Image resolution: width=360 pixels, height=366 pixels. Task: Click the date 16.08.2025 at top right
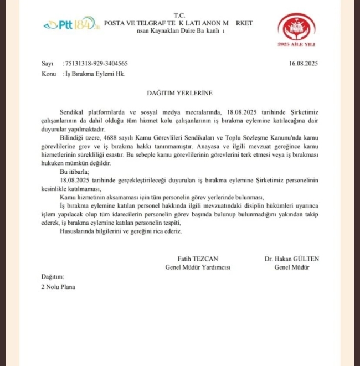coord(303,64)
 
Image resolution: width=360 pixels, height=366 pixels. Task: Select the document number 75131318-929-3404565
coord(96,64)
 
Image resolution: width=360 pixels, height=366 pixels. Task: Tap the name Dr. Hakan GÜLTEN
coord(292,259)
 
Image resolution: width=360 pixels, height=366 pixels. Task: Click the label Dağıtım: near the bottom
coord(53,276)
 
